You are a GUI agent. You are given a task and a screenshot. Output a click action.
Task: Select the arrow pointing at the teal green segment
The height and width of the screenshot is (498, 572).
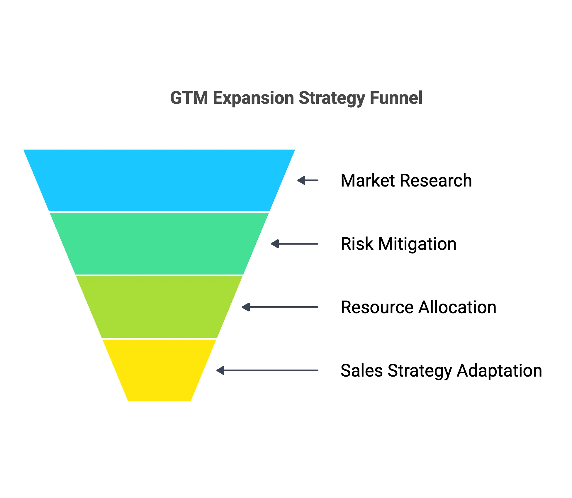(x=294, y=244)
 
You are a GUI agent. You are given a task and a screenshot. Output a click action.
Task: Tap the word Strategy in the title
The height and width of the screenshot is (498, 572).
(x=331, y=99)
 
